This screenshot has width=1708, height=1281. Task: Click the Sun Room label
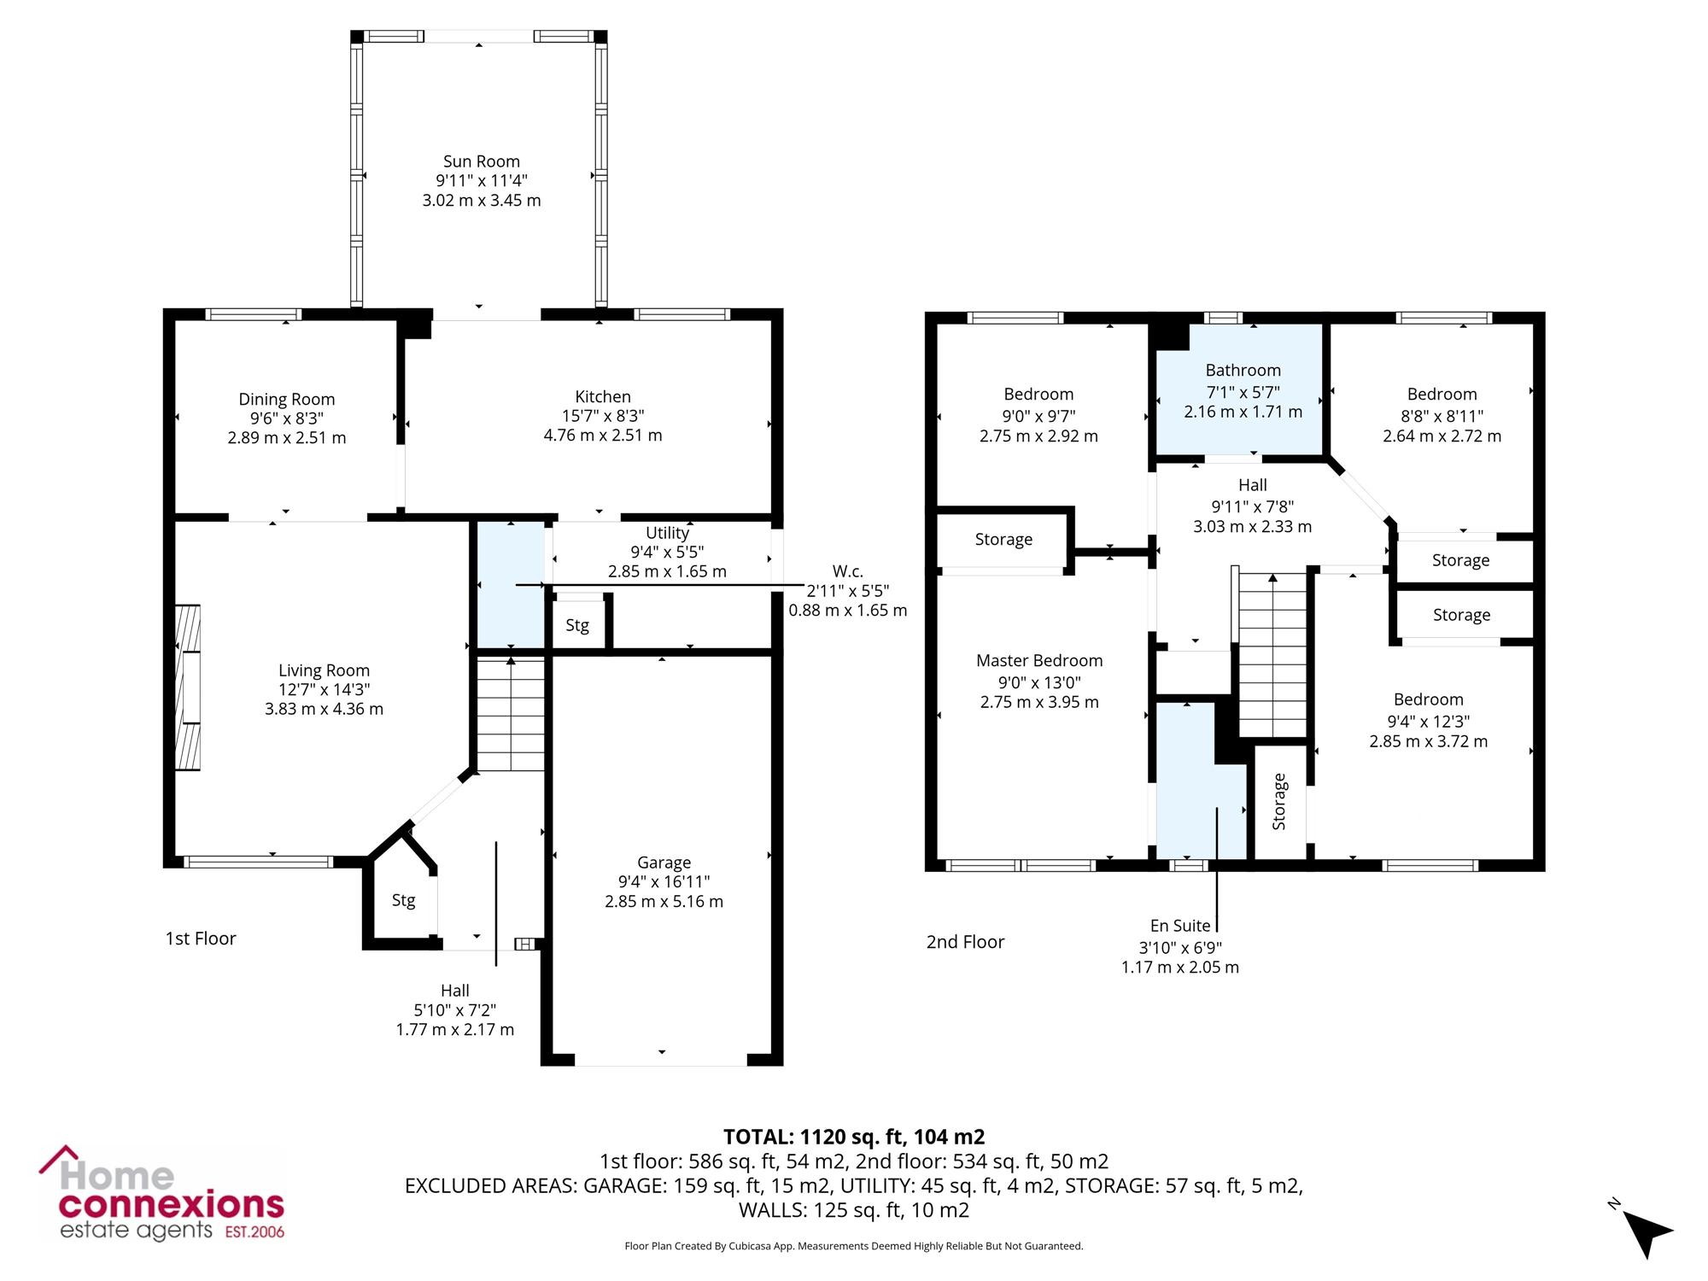482,161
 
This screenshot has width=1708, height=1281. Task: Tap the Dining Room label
287,399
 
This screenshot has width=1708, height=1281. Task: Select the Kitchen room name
603,396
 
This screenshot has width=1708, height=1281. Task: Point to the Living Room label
324,670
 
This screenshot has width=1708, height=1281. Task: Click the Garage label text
664,863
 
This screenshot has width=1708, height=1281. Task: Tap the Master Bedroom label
1039,660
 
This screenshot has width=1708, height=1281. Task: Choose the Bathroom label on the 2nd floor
1243,370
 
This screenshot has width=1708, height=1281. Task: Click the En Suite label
1180,926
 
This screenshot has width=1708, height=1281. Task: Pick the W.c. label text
847,570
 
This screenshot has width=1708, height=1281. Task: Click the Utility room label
667,533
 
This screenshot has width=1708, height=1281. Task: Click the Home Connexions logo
161,1194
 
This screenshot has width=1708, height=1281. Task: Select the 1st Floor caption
200,939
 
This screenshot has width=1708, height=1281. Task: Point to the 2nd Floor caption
965,942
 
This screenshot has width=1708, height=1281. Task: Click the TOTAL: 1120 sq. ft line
854,1137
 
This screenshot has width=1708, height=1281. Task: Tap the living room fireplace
188,687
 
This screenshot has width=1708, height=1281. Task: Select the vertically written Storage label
1279,801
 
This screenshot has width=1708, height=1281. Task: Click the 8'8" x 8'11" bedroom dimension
1442,416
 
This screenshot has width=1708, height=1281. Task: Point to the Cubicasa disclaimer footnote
854,1246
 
